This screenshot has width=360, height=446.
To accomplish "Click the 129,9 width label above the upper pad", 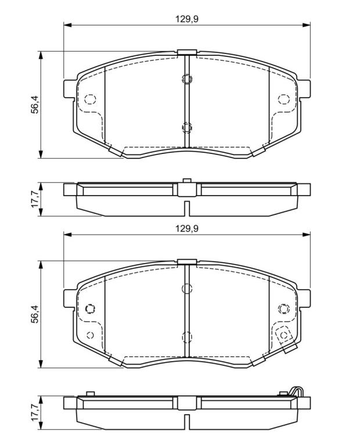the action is point(186,19).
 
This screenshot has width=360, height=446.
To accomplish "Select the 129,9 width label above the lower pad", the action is point(186,228).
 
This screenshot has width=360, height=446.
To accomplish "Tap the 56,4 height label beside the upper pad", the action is point(35,105).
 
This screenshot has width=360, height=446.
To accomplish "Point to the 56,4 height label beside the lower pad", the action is point(35,314).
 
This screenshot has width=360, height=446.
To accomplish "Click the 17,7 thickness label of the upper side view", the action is point(35,199).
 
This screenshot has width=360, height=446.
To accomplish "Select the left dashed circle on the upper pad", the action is point(90,99).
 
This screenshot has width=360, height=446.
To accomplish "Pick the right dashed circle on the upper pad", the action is point(283,99).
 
